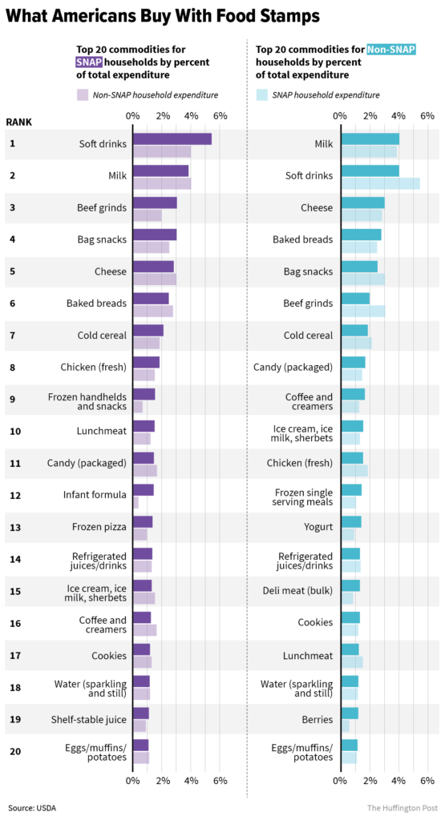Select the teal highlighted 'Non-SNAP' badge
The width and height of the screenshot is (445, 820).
(390, 50)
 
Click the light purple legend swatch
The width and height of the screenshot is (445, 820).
(83, 94)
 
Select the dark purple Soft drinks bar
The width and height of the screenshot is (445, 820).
(172, 139)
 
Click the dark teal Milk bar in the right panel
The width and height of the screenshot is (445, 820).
(370, 139)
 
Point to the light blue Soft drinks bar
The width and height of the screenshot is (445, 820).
(380, 183)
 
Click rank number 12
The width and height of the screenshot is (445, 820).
(14, 496)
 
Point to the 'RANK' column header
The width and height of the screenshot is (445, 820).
(19, 122)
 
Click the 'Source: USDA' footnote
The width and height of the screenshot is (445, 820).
(32, 807)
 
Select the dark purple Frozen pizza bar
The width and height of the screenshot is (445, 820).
(142, 522)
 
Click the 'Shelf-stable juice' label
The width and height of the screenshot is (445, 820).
(88, 719)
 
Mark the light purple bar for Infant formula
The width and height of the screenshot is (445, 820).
(136, 502)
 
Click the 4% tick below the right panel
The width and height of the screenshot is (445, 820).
(398, 779)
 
